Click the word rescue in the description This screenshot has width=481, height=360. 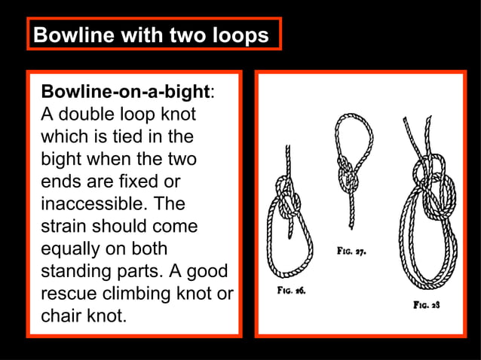click(x=69, y=293)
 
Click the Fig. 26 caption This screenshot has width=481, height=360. click(x=290, y=289)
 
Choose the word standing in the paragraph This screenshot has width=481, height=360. click(x=75, y=271)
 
